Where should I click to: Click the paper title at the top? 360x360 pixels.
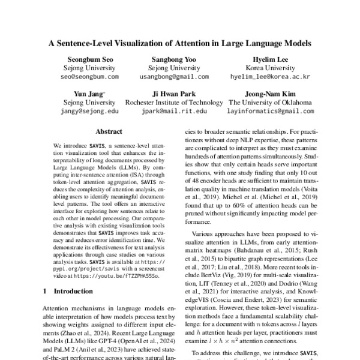click(180, 43)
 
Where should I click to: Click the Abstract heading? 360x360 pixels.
click(109, 131)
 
